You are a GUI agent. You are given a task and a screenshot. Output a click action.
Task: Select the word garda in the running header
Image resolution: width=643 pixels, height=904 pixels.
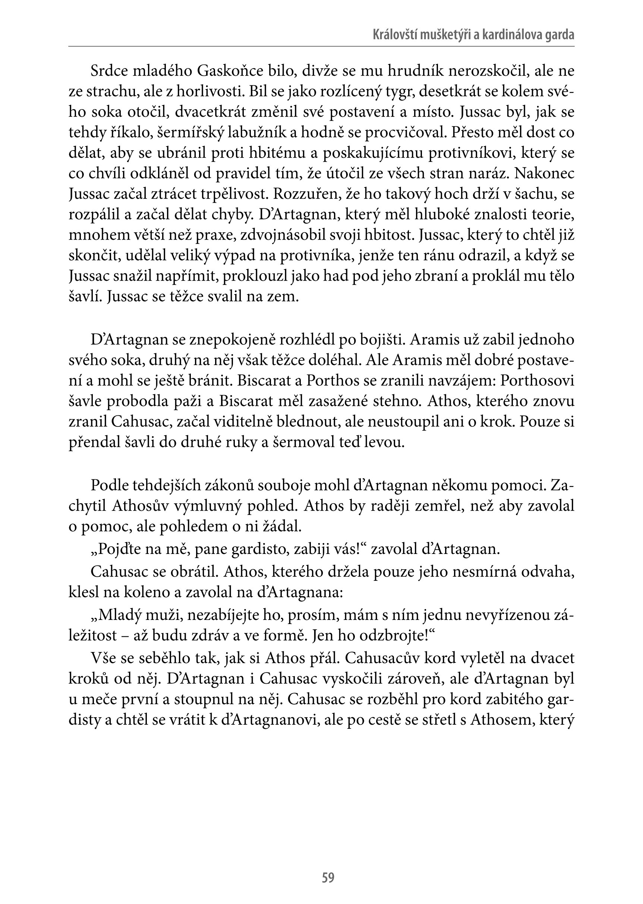[560, 35]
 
